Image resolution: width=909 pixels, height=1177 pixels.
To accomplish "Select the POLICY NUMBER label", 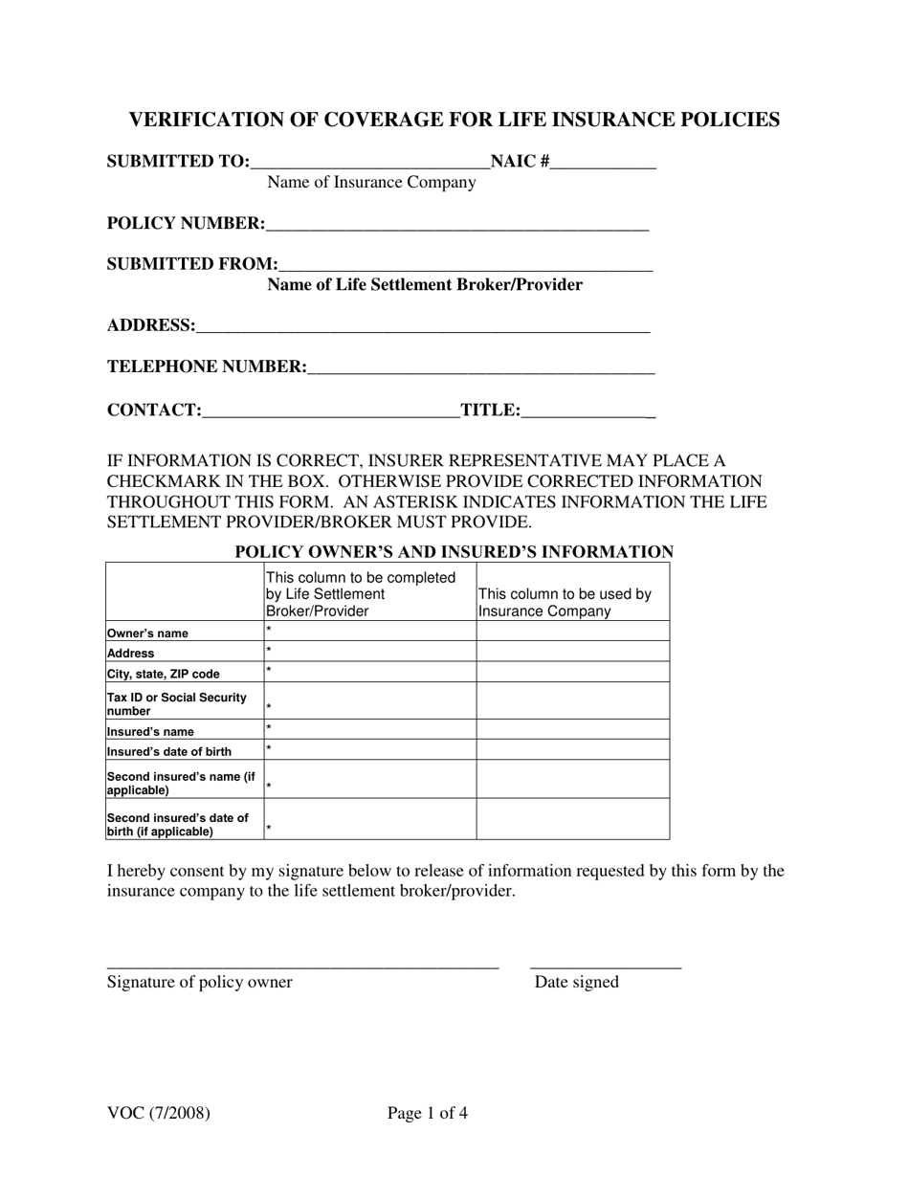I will pos(186,224).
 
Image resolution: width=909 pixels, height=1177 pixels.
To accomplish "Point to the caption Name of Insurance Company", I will pos(371,183).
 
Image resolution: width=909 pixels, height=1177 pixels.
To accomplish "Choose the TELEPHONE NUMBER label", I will pos(207,367).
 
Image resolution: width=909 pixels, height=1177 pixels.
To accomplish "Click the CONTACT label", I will pos(154,411).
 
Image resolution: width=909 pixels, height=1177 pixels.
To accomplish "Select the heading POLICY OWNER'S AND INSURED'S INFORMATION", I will pos(454,552).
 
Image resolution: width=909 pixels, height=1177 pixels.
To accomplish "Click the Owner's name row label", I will pos(147,633).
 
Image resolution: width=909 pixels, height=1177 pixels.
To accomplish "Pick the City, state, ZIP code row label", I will pos(164,674).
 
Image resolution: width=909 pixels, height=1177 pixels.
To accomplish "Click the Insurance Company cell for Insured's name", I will pos(572,729).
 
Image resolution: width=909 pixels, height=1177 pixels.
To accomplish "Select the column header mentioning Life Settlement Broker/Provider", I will pos(360,594).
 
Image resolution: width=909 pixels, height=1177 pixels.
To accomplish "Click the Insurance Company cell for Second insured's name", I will pos(572,779).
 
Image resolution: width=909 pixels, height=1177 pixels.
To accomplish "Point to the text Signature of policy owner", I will pos(200,982).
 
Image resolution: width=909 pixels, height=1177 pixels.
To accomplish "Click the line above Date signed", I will pos(605,967).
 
